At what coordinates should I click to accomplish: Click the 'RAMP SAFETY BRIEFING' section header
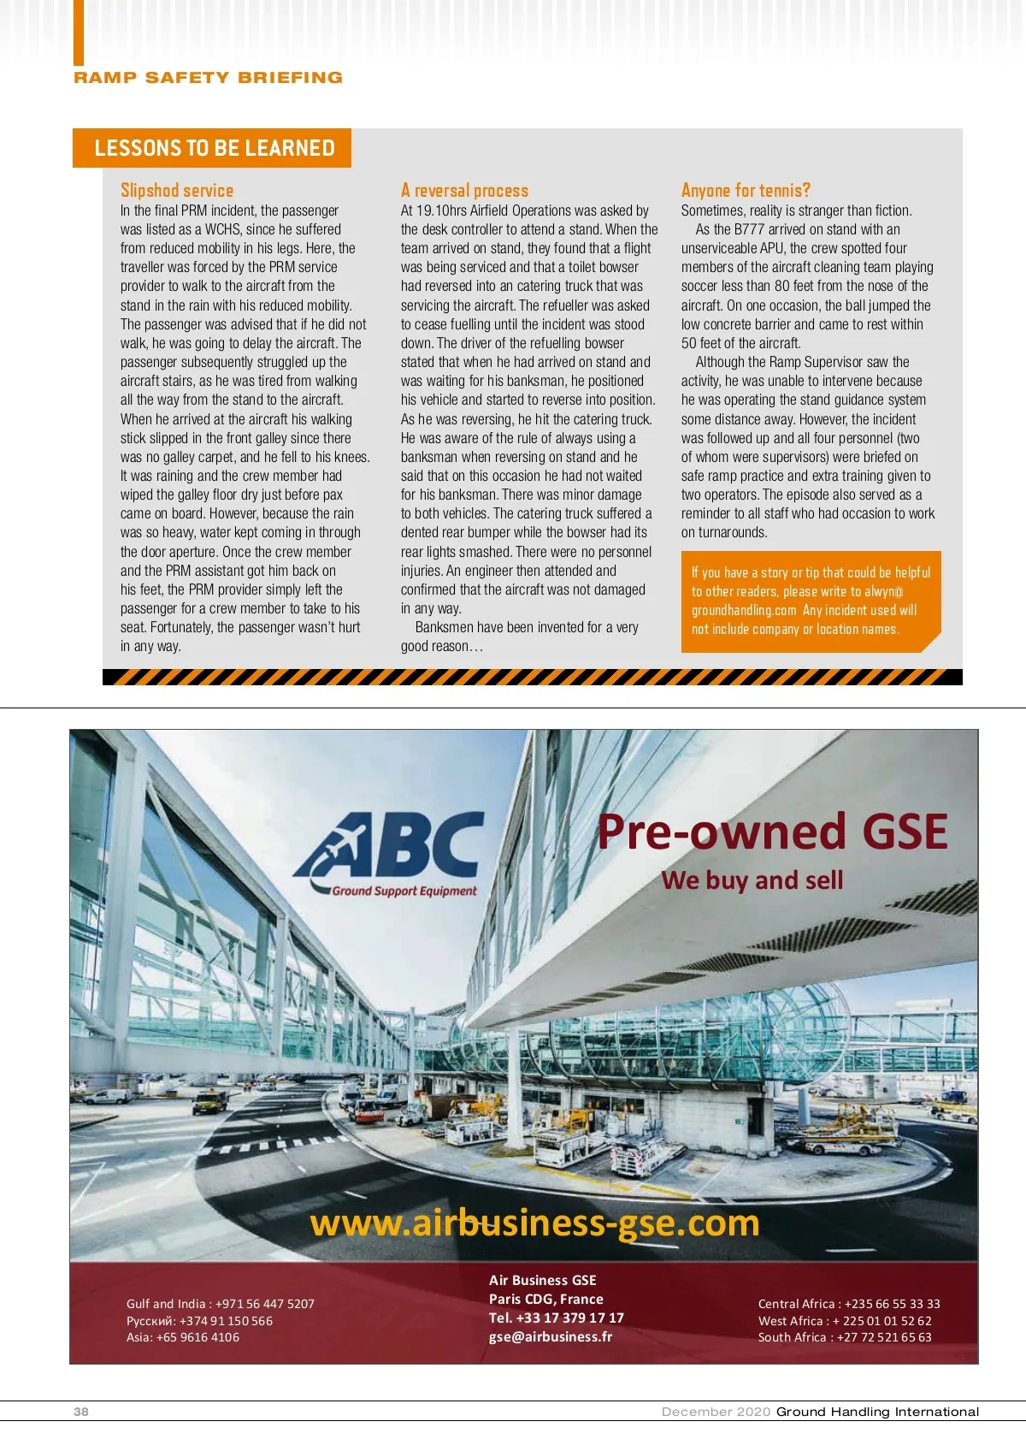(208, 78)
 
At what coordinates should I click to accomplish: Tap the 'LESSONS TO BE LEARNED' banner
(214, 148)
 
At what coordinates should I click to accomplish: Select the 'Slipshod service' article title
(177, 190)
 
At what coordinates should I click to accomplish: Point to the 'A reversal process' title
(464, 190)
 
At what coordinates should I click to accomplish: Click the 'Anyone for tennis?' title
(746, 190)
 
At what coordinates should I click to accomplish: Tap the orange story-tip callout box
(810, 601)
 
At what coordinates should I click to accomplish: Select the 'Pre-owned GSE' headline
(772, 832)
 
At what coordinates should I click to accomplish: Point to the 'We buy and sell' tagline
(752, 880)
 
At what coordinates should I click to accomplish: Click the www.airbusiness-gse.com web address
(534, 1223)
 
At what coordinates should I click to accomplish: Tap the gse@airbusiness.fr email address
(550, 1336)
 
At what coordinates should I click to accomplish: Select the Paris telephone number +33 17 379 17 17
(557, 1318)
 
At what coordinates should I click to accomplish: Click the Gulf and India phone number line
(221, 1304)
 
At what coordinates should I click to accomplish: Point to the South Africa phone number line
(845, 1337)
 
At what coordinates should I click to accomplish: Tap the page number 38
(81, 1412)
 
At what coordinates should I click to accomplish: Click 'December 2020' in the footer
(716, 1412)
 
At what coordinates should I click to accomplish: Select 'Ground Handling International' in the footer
(877, 1412)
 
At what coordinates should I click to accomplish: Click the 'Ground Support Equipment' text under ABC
(404, 891)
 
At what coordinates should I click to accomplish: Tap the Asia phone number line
(183, 1337)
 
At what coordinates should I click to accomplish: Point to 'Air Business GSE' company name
(543, 1280)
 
